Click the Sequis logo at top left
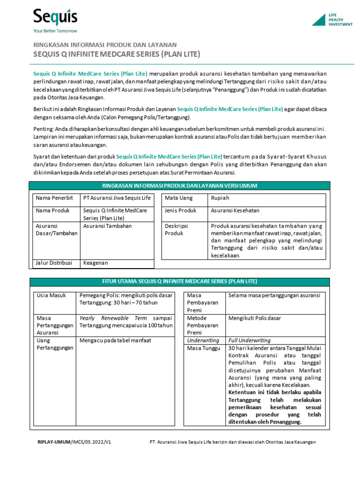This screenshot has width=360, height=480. (x=55, y=18)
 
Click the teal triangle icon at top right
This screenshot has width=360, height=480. (x=319, y=20)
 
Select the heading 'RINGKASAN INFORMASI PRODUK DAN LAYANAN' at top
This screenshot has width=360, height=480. (x=104, y=45)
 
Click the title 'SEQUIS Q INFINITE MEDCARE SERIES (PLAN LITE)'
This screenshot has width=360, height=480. (x=117, y=54)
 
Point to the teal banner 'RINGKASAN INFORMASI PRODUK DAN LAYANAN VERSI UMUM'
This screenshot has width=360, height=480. (x=180, y=186)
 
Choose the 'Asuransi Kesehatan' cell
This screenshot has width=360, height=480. (x=235, y=211)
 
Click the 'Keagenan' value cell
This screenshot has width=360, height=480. (x=96, y=263)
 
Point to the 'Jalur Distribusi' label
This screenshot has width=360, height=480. (x=54, y=263)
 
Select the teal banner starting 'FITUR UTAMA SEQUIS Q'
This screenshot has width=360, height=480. (x=180, y=281)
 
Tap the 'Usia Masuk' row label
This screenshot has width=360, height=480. (x=51, y=295)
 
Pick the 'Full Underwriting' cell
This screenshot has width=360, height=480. (x=249, y=340)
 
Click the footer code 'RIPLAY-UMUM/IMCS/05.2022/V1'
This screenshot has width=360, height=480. (x=74, y=442)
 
